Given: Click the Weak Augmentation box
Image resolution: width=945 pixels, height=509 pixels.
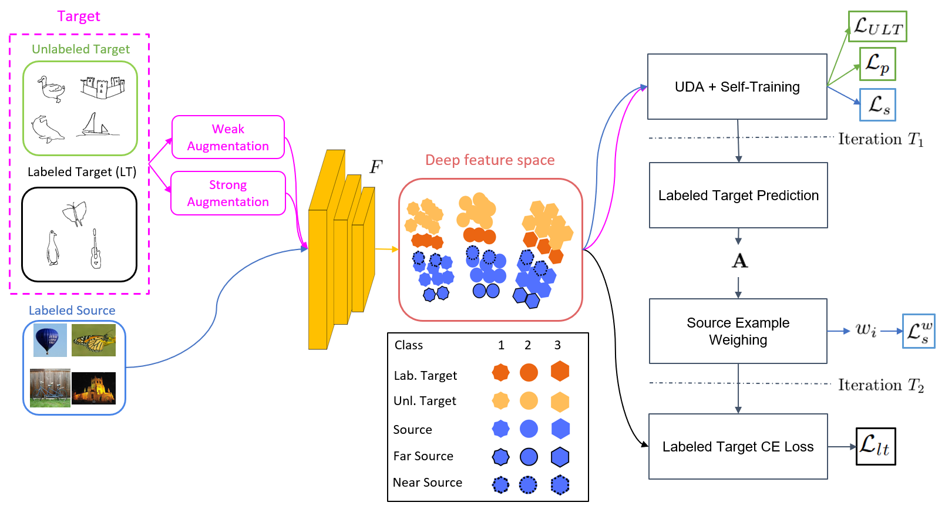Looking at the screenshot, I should pos(228,137).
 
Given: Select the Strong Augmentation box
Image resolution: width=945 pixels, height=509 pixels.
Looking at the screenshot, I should pos(228,193).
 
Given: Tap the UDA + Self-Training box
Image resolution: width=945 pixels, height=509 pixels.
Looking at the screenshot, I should pos(737,87).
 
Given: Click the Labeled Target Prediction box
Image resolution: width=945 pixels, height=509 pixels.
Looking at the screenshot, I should pos(738,195).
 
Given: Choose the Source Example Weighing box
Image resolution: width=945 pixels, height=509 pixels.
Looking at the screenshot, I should pos(738,331).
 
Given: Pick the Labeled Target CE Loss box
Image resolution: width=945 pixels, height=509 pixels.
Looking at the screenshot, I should pos(738,447).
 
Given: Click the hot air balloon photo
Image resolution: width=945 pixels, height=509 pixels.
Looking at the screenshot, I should pos(50,340).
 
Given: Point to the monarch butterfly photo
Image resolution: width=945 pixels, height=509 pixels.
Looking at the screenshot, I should pos(93,340).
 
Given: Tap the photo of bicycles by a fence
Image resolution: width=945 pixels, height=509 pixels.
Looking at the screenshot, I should pos(50,387).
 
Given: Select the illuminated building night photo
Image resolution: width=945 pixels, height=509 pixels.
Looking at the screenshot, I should pos(93,388).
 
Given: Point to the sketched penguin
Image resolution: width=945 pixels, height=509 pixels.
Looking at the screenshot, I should pos(53,248).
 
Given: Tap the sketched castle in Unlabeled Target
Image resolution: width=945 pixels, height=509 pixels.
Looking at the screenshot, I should pos(103,87).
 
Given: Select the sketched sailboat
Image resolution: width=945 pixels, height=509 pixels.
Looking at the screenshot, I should pos(96,126).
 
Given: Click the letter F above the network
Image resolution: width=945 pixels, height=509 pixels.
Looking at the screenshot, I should pos(376,167).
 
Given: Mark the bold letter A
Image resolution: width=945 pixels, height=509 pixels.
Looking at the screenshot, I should pos(739,261).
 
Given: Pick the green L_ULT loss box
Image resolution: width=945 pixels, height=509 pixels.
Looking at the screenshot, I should pos(877,26).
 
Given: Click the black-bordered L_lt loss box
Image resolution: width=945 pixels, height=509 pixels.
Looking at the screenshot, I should pos(875,447).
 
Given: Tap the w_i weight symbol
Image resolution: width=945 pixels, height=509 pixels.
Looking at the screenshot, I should pos(866,331).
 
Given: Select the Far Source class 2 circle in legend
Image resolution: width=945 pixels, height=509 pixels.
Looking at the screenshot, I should pos(529,457).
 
